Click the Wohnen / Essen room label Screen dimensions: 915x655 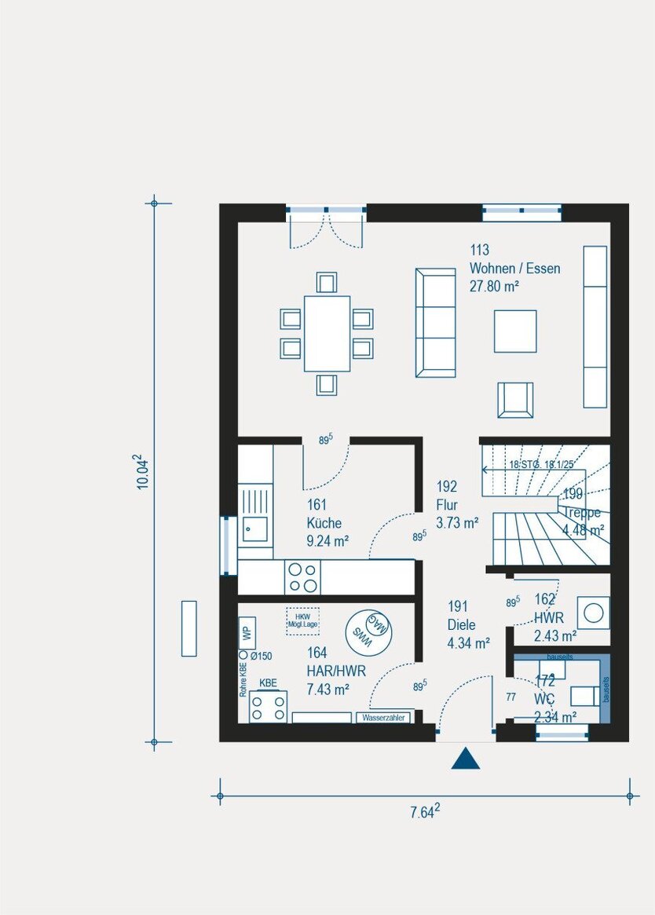(x=514, y=269)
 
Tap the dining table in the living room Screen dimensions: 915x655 (x=327, y=333)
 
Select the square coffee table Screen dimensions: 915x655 (x=515, y=331)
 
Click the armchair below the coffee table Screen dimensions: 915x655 (x=515, y=400)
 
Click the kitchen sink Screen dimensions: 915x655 (x=254, y=529)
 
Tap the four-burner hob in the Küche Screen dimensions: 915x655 (x=302, y=576)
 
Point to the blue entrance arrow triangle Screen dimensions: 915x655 (x=466, y=759)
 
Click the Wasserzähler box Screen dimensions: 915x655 (x=383, y=718)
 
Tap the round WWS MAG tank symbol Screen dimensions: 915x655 (x=370, y=629)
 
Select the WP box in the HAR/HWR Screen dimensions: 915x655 (x=246, y=631)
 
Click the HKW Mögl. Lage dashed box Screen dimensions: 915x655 (x=302, y=620)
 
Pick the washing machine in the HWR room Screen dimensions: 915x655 (x=593, y=612)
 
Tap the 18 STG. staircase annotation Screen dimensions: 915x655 (x=542, y=465)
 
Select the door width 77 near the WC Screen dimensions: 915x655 (x=510, y=696)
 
